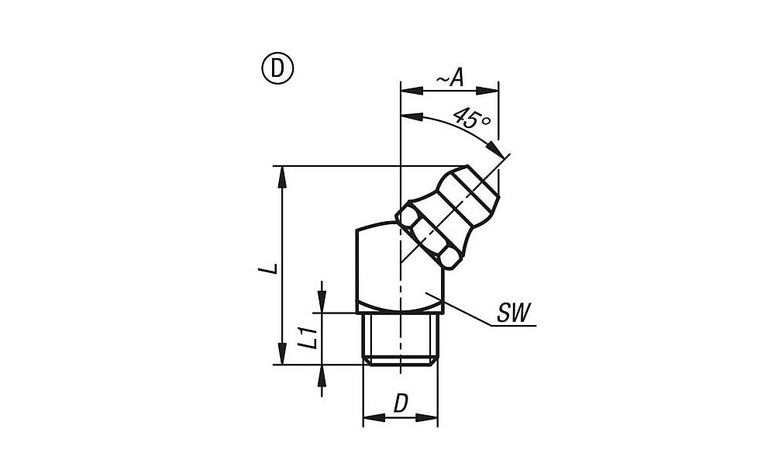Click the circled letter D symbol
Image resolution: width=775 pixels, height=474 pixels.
click(x=277, y=69)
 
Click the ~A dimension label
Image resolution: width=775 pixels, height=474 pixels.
click(x=449, y=78)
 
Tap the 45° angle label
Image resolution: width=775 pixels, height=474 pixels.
click(x=471, y=119)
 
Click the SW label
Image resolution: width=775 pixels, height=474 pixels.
click(x=513, y=313)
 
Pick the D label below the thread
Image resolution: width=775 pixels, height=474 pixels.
click(x=401, y=403)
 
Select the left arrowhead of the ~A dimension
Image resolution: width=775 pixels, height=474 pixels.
click(x=412, y=91)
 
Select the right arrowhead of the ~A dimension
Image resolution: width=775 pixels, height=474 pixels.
click(x=487, y=91)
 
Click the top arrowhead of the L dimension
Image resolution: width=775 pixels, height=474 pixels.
click(x=282, y=177)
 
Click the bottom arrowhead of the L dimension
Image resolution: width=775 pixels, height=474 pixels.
click(x=282, y=353)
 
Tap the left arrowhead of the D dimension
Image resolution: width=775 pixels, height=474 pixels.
click(x=374, y=417)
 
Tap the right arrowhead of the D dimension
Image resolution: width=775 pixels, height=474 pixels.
click(x=426, y=417)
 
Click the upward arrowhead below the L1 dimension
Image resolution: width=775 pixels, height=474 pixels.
click(x=322, y=376)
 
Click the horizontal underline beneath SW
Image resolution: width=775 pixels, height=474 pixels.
click(x=514, y=326)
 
